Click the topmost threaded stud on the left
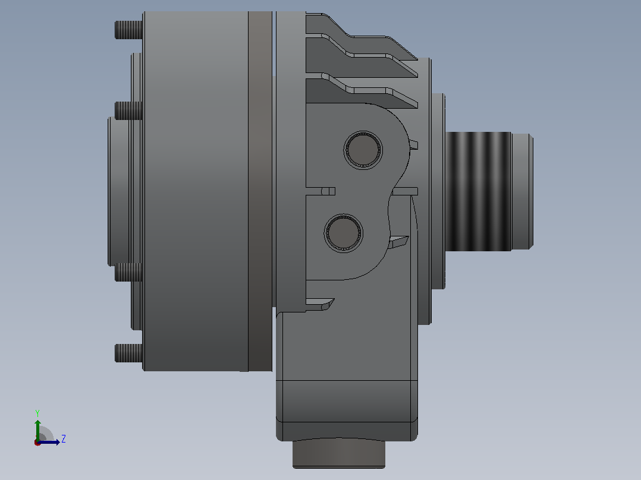point(128,30)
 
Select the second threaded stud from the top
point(128,110)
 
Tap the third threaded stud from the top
point(128,272)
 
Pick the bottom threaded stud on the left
point(128,353)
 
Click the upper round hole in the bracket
point(363,150)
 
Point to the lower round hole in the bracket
point(344,233)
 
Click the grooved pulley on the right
point(478,191)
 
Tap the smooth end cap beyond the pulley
point(523,191)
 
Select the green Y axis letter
point(37,413)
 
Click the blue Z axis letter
point(64,439)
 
